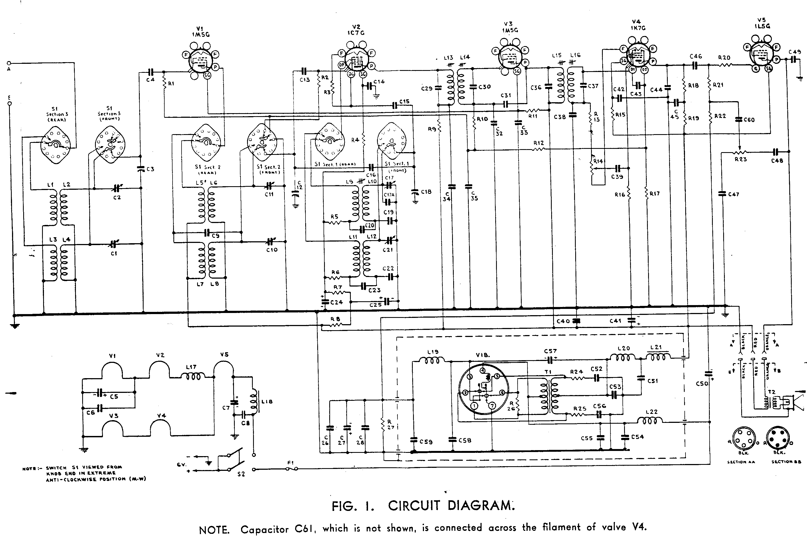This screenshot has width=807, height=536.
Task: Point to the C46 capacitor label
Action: (696, 56)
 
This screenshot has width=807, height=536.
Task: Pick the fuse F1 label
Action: (290, 463)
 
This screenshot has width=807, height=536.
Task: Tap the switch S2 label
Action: (241, 474)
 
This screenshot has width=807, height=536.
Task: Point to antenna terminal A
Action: (9, 63)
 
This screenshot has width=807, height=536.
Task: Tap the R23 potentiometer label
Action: (741, 159)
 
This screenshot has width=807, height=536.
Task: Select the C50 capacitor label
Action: (702, 384)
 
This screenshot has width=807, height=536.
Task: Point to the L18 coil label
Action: (267, 401)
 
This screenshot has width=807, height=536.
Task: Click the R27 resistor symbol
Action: (383, 425)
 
